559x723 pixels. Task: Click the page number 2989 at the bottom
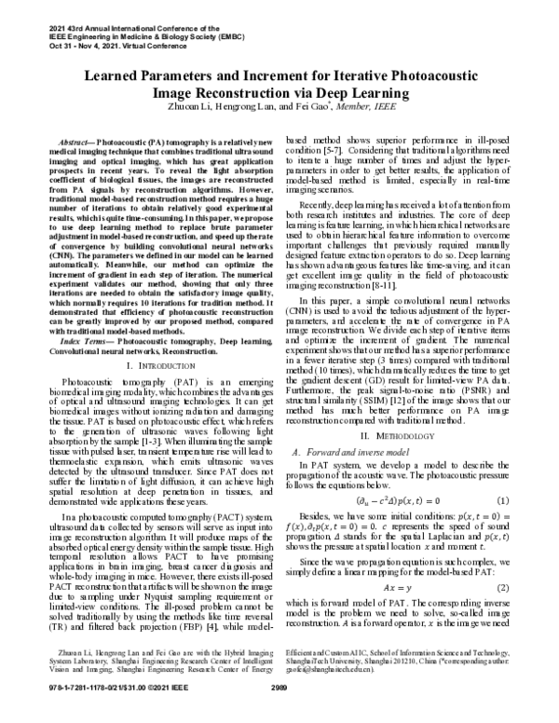(280, 713)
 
